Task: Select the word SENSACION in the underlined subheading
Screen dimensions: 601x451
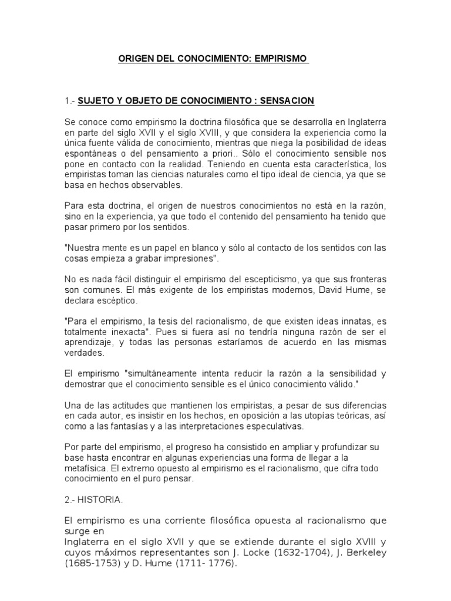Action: [288, 101]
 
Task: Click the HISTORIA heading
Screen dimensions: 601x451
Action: [100, 501]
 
